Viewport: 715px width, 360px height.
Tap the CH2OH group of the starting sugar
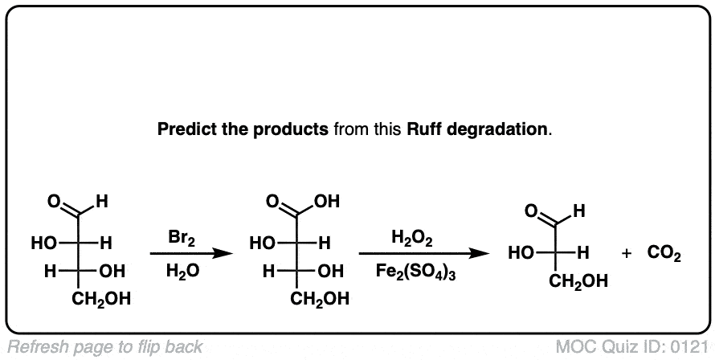101,301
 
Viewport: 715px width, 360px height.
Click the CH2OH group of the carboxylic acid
318,301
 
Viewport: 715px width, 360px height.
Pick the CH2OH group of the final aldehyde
578,282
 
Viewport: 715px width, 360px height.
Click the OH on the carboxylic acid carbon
329,201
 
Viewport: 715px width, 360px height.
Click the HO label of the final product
521,255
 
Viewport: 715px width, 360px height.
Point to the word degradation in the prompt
499,129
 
